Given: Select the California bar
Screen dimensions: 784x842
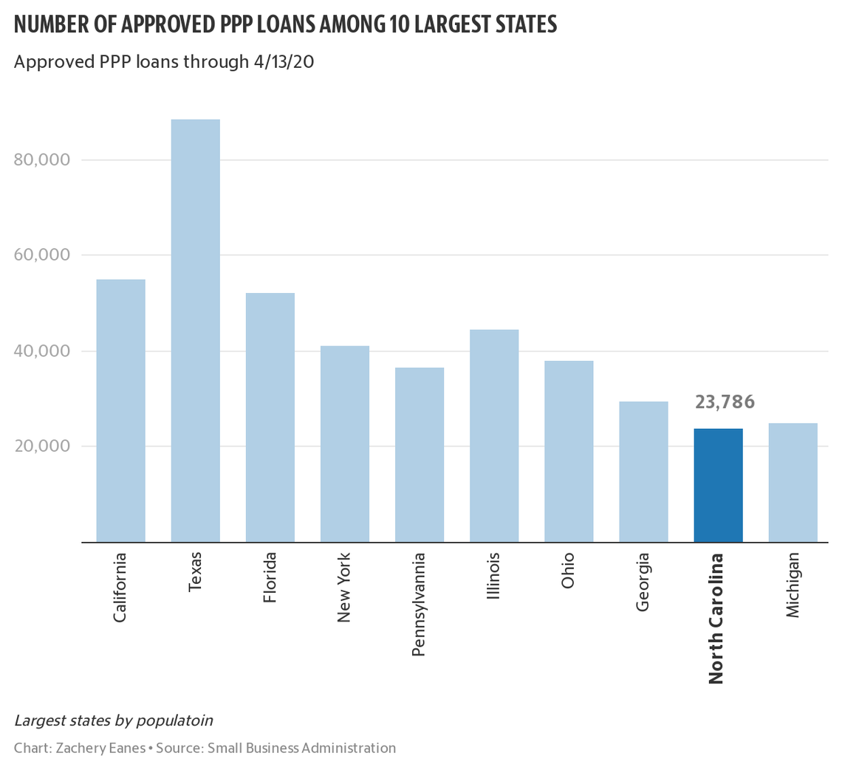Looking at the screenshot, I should click(x=120, y=410).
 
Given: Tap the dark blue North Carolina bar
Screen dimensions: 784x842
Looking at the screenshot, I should click(x=718, y=485).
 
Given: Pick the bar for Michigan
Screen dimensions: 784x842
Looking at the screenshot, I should click(x=793, y=483).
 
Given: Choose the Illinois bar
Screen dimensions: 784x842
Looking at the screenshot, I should click(x=494, y=436).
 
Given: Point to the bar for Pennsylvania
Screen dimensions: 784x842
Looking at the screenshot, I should click(x=420, y=455).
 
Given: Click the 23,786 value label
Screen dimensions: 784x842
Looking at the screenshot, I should click(x=724, y=402).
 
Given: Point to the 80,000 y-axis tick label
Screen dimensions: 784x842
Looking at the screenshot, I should click(x=42, y=160).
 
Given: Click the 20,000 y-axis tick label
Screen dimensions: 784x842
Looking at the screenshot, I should click(x=42, y=447).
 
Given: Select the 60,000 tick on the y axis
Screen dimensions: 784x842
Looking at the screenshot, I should click(x=42, y=255).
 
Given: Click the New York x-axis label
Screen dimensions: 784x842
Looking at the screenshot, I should click(x=344, y=587).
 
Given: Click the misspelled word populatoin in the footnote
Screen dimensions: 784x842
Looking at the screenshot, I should click(x=179, y=720).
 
